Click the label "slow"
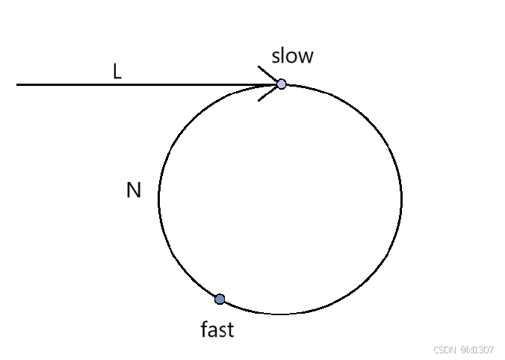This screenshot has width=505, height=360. pos(292,55)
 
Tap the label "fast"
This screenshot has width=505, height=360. pos(217,329)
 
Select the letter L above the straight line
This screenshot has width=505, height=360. pos(117,72)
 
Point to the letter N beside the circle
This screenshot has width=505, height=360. pos(134,191)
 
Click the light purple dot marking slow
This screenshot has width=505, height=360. pos(282,84)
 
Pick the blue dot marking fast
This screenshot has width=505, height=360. pos(220,300)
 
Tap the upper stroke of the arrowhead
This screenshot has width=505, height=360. pos(268,74)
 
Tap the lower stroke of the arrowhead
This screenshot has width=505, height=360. pos(267,93)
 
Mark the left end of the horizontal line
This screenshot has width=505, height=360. pos(18,84)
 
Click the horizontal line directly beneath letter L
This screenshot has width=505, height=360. pos(117,84)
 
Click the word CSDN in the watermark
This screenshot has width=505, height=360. pos(444,350)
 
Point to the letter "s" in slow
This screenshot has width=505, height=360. pos(276,56)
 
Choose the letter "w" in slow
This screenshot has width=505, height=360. pos(305,56)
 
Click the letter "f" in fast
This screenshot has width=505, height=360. pos(205,329)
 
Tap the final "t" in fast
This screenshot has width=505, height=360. pos(230,329)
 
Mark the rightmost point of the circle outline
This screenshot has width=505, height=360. pos(402,199)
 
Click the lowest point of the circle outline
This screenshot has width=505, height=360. pos(280,314)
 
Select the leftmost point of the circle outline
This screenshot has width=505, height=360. pos(158,199)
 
